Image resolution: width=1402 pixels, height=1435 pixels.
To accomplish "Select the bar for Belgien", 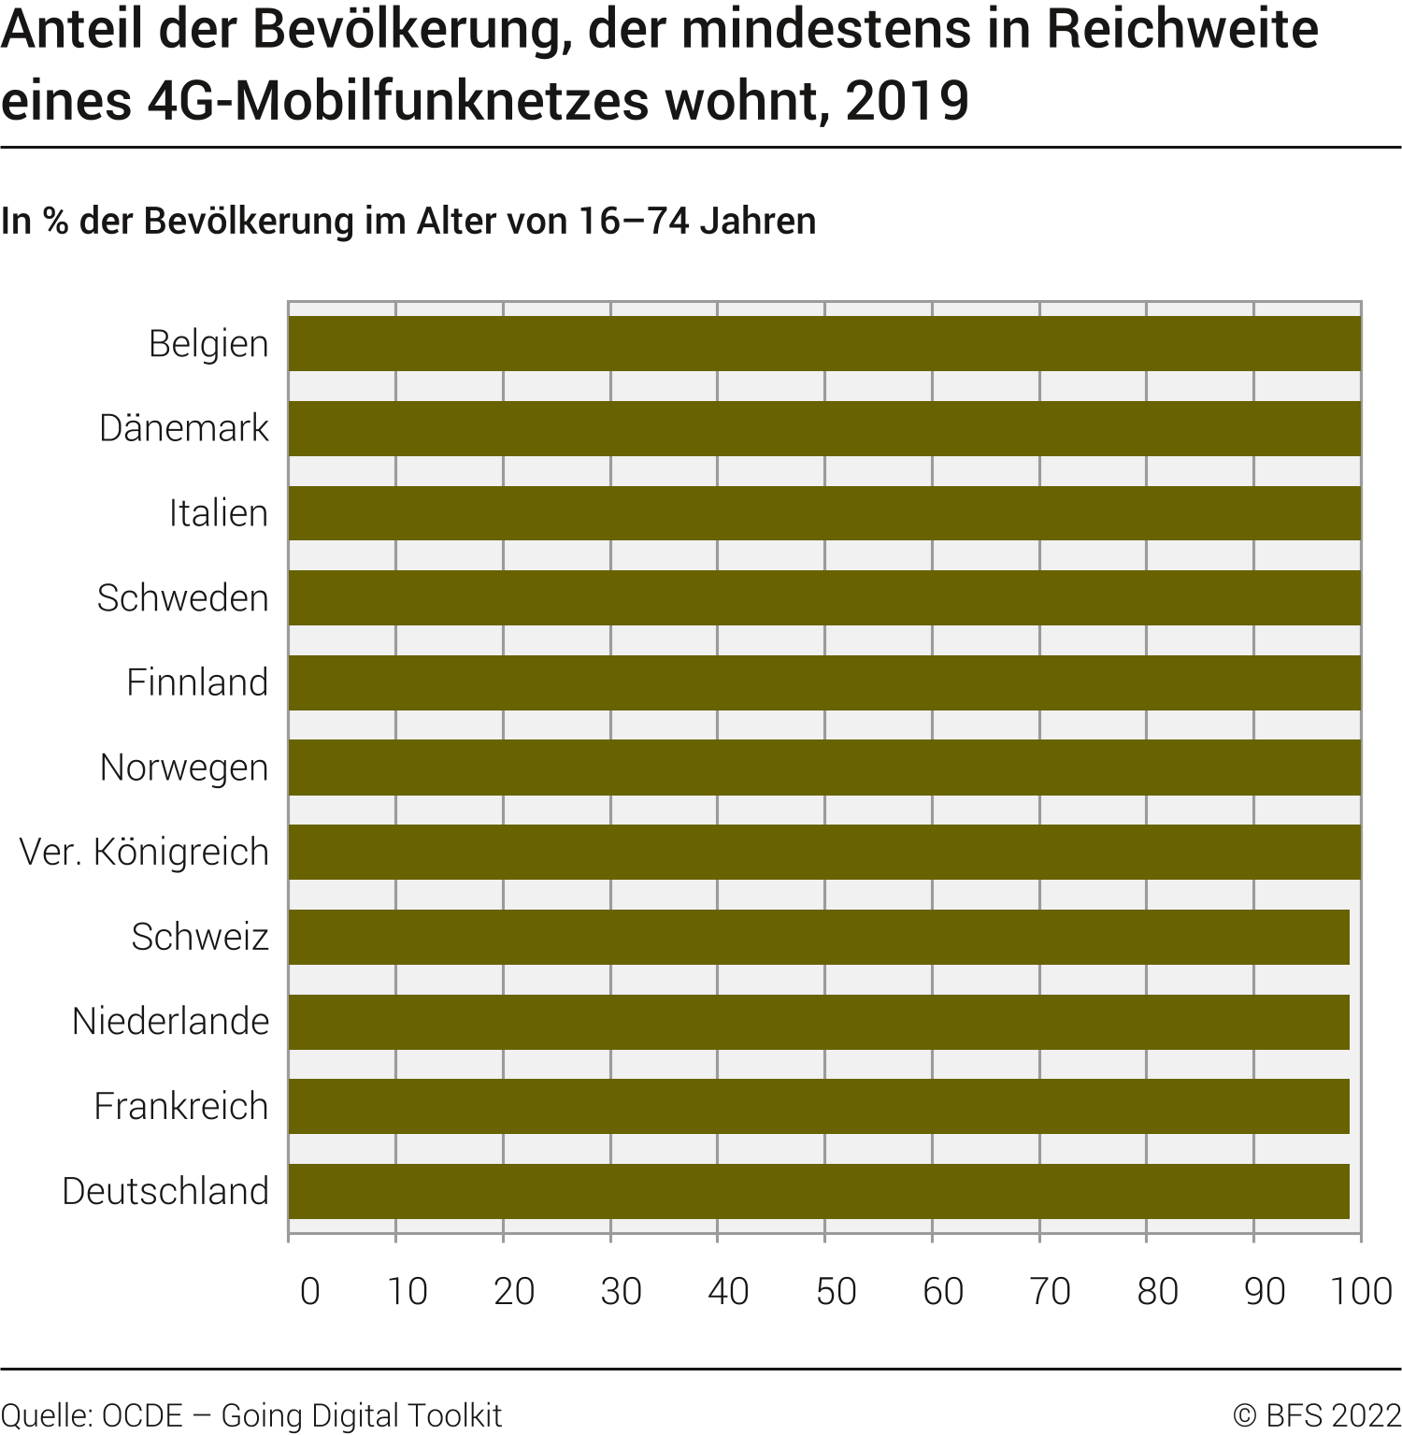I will (824, 343).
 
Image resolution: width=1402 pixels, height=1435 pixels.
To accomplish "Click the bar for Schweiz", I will (819, 937).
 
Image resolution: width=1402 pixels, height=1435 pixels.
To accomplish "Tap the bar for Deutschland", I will (819, 1191).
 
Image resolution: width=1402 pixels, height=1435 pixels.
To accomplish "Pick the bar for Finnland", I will (824, 682).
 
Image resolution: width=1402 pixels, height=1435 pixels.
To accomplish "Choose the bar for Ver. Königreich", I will (824, 852).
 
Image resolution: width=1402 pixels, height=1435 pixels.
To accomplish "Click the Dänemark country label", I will (184, 428).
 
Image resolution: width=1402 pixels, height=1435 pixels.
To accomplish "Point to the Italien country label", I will (219, 513).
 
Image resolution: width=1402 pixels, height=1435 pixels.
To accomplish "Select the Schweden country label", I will (183, 598).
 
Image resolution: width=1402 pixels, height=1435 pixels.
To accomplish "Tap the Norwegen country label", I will (184, 768).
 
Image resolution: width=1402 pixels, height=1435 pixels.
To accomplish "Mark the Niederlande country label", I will (171, 1022).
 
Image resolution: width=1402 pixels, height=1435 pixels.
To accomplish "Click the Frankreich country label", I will (181, 1107).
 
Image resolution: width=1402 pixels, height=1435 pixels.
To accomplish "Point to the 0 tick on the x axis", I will (310, 1291).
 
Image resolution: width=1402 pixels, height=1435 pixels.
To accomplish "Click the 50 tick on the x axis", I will (836, 1291).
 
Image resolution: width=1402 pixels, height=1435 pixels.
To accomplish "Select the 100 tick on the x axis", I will (1361, 1291).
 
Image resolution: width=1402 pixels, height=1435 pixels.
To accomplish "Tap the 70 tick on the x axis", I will (1050, 1291).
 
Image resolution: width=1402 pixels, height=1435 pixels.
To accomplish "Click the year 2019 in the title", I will (907, 101).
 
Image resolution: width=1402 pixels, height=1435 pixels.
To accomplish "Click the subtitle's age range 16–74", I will (633, 222).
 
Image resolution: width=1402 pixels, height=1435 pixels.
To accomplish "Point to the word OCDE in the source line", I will (142, 1415).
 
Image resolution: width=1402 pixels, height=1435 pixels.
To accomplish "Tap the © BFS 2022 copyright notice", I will (1317, 1415).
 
